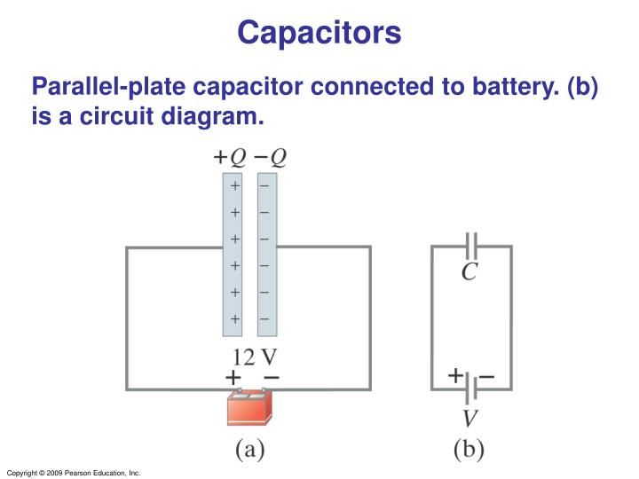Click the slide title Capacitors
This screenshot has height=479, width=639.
[x=319, y=33]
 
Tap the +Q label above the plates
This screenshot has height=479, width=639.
[x=231, y=157]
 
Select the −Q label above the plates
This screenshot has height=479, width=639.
[x=271, y=157]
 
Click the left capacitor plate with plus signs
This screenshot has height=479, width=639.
[x=233, y=255]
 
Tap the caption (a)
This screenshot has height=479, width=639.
[x=250, y=450]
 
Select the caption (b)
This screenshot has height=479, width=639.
[x=469, y=450]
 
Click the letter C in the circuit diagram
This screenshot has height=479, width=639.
[x=469, y=272]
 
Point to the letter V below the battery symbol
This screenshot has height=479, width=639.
[x=471, y=417]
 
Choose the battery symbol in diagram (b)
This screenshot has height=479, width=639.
[x=471, y=388]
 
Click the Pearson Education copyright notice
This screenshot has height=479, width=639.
[x=73, y=473]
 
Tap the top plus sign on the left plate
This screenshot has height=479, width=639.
[x=234, y=186]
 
